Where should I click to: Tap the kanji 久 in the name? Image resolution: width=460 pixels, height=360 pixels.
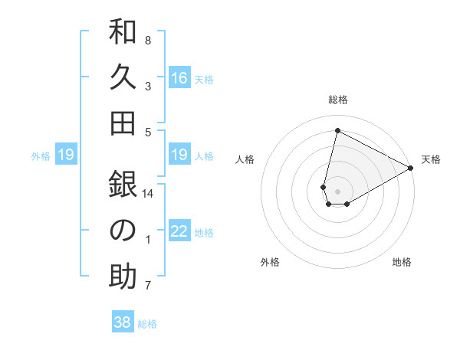click(x=123, y=78)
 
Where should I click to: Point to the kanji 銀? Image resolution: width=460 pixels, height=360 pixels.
click(x=123, y=185)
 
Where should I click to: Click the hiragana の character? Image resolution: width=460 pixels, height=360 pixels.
click(x=123, y=230)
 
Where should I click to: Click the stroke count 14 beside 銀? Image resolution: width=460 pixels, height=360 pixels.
click(x=148, y=194)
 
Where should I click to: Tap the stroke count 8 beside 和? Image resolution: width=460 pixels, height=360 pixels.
click(x=148, y=40)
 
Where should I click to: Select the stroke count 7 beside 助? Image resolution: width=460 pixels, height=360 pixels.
click(x=148, y=286)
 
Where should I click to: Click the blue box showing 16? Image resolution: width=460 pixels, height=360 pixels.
click(x=179, y=77)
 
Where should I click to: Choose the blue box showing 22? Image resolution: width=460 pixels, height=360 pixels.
click(x=179, y=232)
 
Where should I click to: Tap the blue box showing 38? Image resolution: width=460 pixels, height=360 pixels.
click(x=123, y=322)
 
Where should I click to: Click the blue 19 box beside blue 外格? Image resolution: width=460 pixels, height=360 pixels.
click(x=65, y=155)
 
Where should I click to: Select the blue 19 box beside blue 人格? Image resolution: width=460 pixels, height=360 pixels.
click(x=179, y=155)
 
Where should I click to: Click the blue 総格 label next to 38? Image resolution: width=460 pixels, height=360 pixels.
click(x=147, y=324)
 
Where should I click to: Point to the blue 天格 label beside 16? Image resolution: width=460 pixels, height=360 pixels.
click(x=204, y=79)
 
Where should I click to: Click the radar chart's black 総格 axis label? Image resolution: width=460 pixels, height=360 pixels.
click(x=338, y=100)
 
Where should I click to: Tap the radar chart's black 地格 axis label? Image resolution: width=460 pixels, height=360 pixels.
click(x=402, y=262)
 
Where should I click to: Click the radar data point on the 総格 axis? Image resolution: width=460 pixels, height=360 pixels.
click(x=337, y=130)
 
